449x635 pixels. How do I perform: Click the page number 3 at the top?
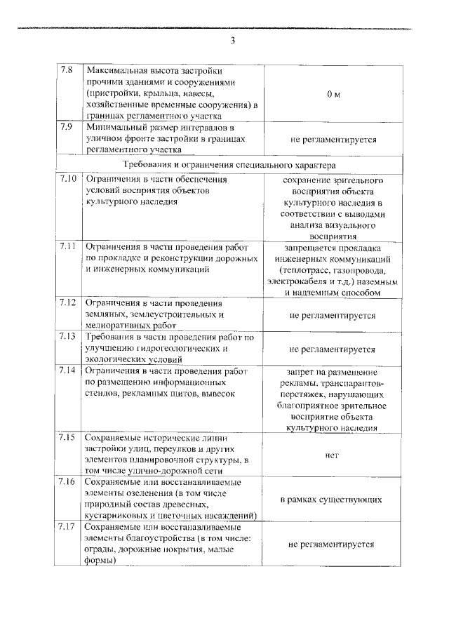(x=232, y=40)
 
